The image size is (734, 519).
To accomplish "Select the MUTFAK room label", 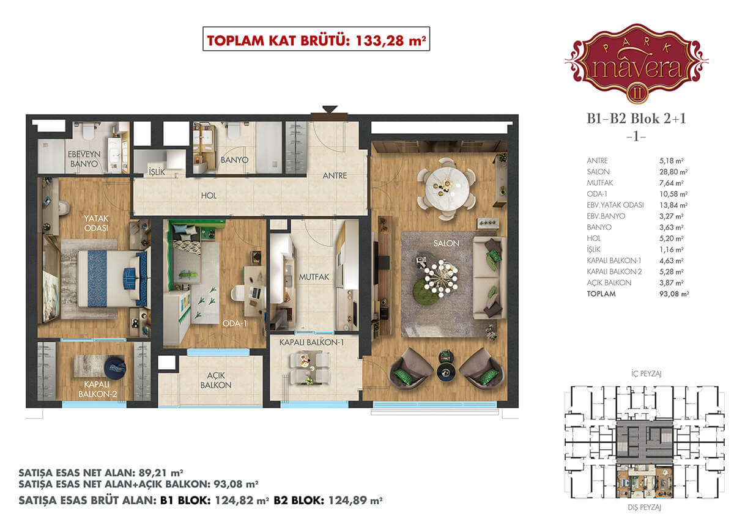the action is click(x=314, y=277).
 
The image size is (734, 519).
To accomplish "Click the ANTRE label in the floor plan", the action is click(x=335, y=176).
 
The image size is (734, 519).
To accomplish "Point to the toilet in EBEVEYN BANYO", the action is click(x=89, y=130).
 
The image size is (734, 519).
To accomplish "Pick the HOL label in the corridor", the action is click(x=209, y=196).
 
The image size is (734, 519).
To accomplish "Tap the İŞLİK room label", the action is click(x=157, y=172).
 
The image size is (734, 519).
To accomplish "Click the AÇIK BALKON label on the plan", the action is click(x=215, y=380).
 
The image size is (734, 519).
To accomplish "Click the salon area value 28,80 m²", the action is click(x=673, y=172).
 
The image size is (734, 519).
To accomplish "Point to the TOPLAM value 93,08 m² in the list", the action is click(x=674, y=293).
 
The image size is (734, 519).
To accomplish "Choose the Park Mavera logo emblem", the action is click(x=636, y=64).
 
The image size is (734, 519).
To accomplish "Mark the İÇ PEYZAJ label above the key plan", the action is click(x=646, y=374).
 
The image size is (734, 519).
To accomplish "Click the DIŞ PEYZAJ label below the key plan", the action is click(x=644, y=507).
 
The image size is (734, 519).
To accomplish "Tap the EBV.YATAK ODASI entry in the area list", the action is click(x=615, y=205).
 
